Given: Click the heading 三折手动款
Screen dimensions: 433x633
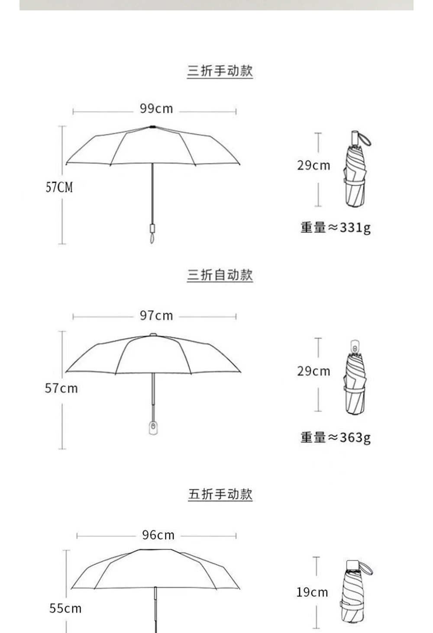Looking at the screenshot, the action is coord(220,71).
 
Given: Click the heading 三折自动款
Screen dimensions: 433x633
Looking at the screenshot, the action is coord(220,275).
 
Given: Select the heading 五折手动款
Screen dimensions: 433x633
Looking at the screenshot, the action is coord(220,494).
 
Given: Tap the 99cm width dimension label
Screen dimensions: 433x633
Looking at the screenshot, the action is coord(156,109).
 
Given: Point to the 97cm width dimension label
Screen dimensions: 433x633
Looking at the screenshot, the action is coord(156,316).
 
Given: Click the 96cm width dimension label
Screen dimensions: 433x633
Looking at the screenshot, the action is coord(158,535).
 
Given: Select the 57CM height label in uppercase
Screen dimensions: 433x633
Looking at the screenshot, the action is coord(59,187).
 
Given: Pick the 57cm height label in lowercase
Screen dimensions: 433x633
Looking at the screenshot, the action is coord(61,388).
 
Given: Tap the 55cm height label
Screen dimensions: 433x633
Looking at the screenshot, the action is coord(65,608).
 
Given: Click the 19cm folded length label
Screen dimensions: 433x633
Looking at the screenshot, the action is coord(312,592).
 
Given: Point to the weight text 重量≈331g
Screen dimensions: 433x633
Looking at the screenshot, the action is coord(336,227).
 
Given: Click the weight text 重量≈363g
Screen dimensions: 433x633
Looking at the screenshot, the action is coord(336,437).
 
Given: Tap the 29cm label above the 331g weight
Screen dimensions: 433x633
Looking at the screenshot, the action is coord(313,166).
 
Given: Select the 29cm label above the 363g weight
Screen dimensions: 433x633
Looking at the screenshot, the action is coord(313,371).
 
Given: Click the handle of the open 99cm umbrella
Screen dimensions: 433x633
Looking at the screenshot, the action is coord(152,230).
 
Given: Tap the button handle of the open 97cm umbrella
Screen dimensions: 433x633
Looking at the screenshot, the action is coord(153,427).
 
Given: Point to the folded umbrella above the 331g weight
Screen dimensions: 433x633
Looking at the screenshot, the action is coord(356,171).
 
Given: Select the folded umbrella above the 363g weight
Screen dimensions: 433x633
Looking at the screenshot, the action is coord(356,379).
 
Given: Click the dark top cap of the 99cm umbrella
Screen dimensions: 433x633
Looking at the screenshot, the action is coord(152,127).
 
